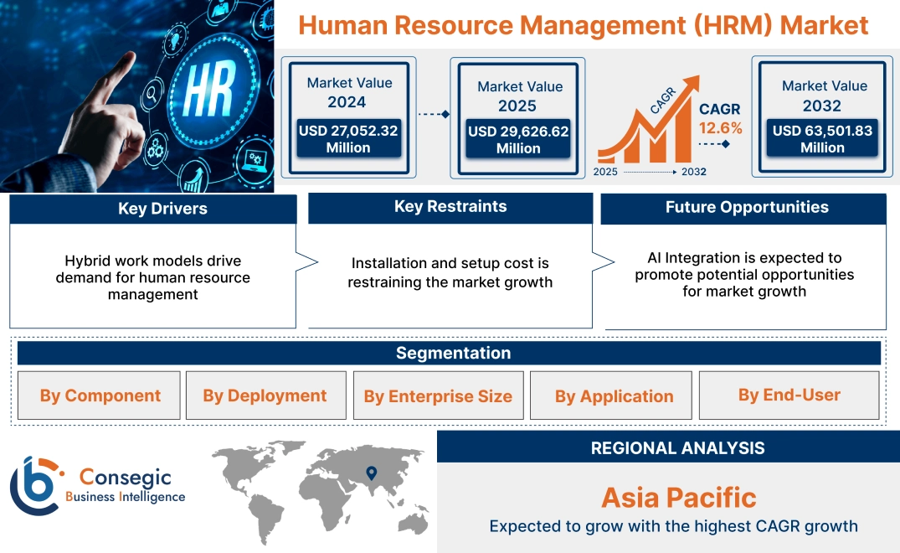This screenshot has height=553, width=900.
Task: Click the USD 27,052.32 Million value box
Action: (x=348, y=139)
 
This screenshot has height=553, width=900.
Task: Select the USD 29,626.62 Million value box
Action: (x=518, y=140)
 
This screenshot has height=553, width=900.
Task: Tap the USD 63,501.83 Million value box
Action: (x=822, y=139)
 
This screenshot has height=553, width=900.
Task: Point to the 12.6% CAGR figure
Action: (x=720, y=128)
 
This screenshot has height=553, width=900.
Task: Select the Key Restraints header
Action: (x=450, y=207)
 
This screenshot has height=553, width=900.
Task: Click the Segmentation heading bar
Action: (x=453, y=353)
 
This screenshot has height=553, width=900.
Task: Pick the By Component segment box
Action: (x=100, y=395)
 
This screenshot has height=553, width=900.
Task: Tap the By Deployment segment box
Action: (x=265, y=395)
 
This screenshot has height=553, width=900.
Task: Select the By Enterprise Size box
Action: (x=438, y=396)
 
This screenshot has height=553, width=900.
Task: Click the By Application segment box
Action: (x=614, y=396)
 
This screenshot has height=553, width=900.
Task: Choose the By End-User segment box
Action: (x=789, y=395)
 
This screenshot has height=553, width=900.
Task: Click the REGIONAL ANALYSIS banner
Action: (x=677, y=448)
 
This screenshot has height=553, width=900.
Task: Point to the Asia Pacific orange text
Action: (x=678, y=498)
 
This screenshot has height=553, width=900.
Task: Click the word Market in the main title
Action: (x=824, y=25)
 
